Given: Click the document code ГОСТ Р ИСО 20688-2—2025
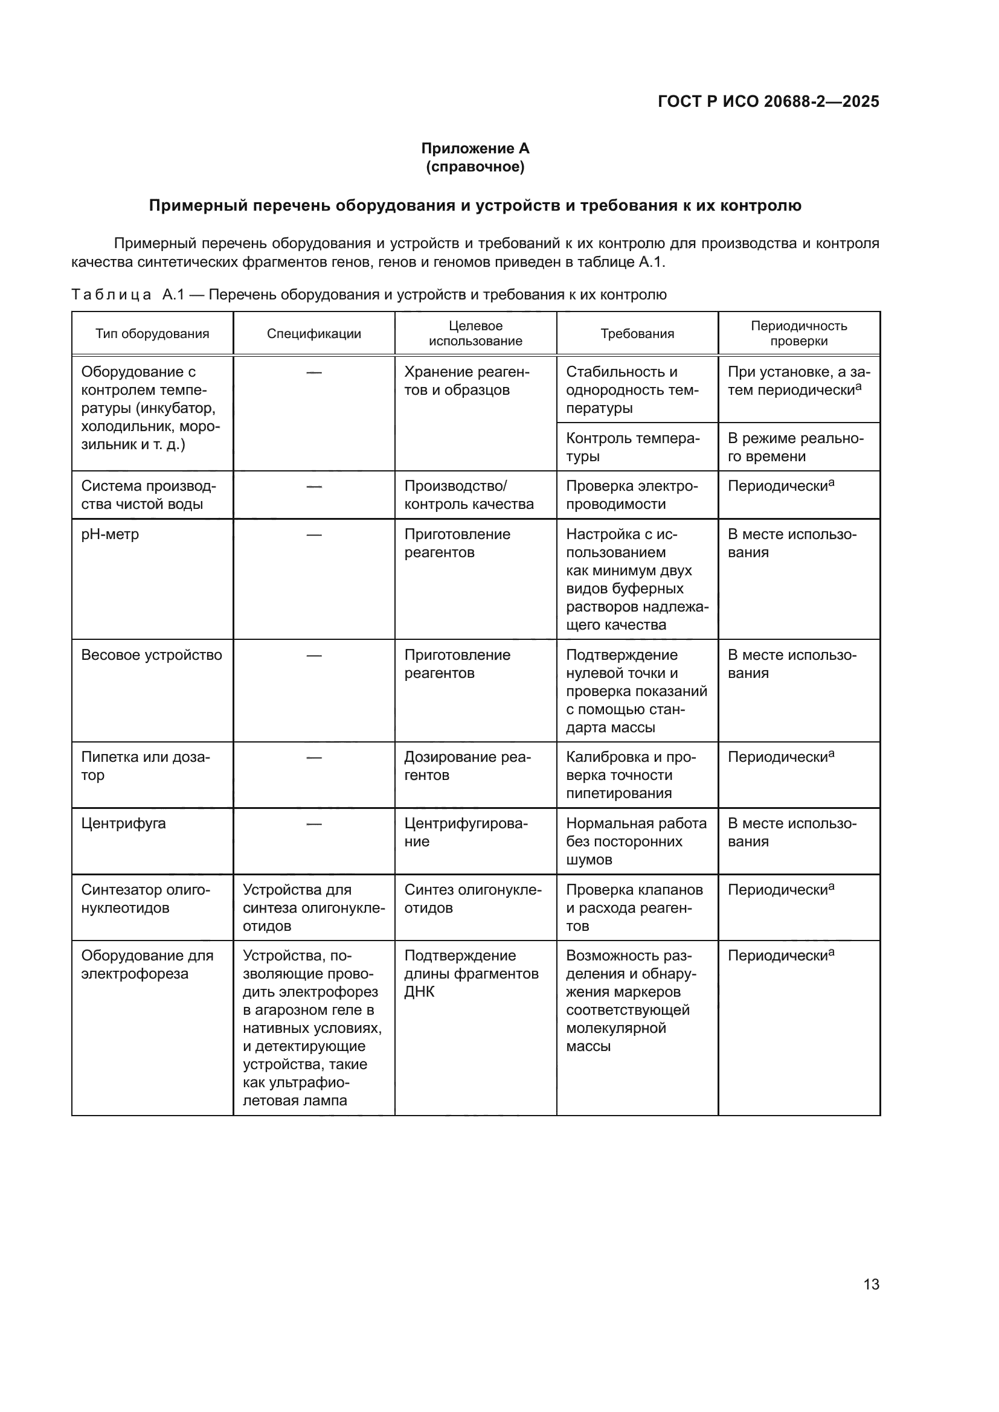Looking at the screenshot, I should point(768,101).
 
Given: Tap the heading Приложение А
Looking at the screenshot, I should point(475,149).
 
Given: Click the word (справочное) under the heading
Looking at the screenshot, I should point(475,167).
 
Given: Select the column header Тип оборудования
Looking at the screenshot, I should point(152,334).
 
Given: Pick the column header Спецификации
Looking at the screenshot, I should point(313,334).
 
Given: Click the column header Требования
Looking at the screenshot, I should point(637,334).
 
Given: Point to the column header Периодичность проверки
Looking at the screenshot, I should point(798,333).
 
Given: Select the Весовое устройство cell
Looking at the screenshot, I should point(152,655).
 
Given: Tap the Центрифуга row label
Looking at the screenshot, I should point(124,823).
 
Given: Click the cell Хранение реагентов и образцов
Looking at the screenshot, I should point(466,381).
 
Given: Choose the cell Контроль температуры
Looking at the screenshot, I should point(632,447).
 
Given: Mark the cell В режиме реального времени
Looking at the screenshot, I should point(795,447).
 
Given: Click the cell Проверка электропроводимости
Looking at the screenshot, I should point(632,495).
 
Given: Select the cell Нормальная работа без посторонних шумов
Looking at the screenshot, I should point(636,842).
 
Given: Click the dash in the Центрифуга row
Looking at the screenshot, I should point(313,824).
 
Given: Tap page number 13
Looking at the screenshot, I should point(871,1285).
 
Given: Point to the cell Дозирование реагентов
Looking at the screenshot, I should point(467,766).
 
